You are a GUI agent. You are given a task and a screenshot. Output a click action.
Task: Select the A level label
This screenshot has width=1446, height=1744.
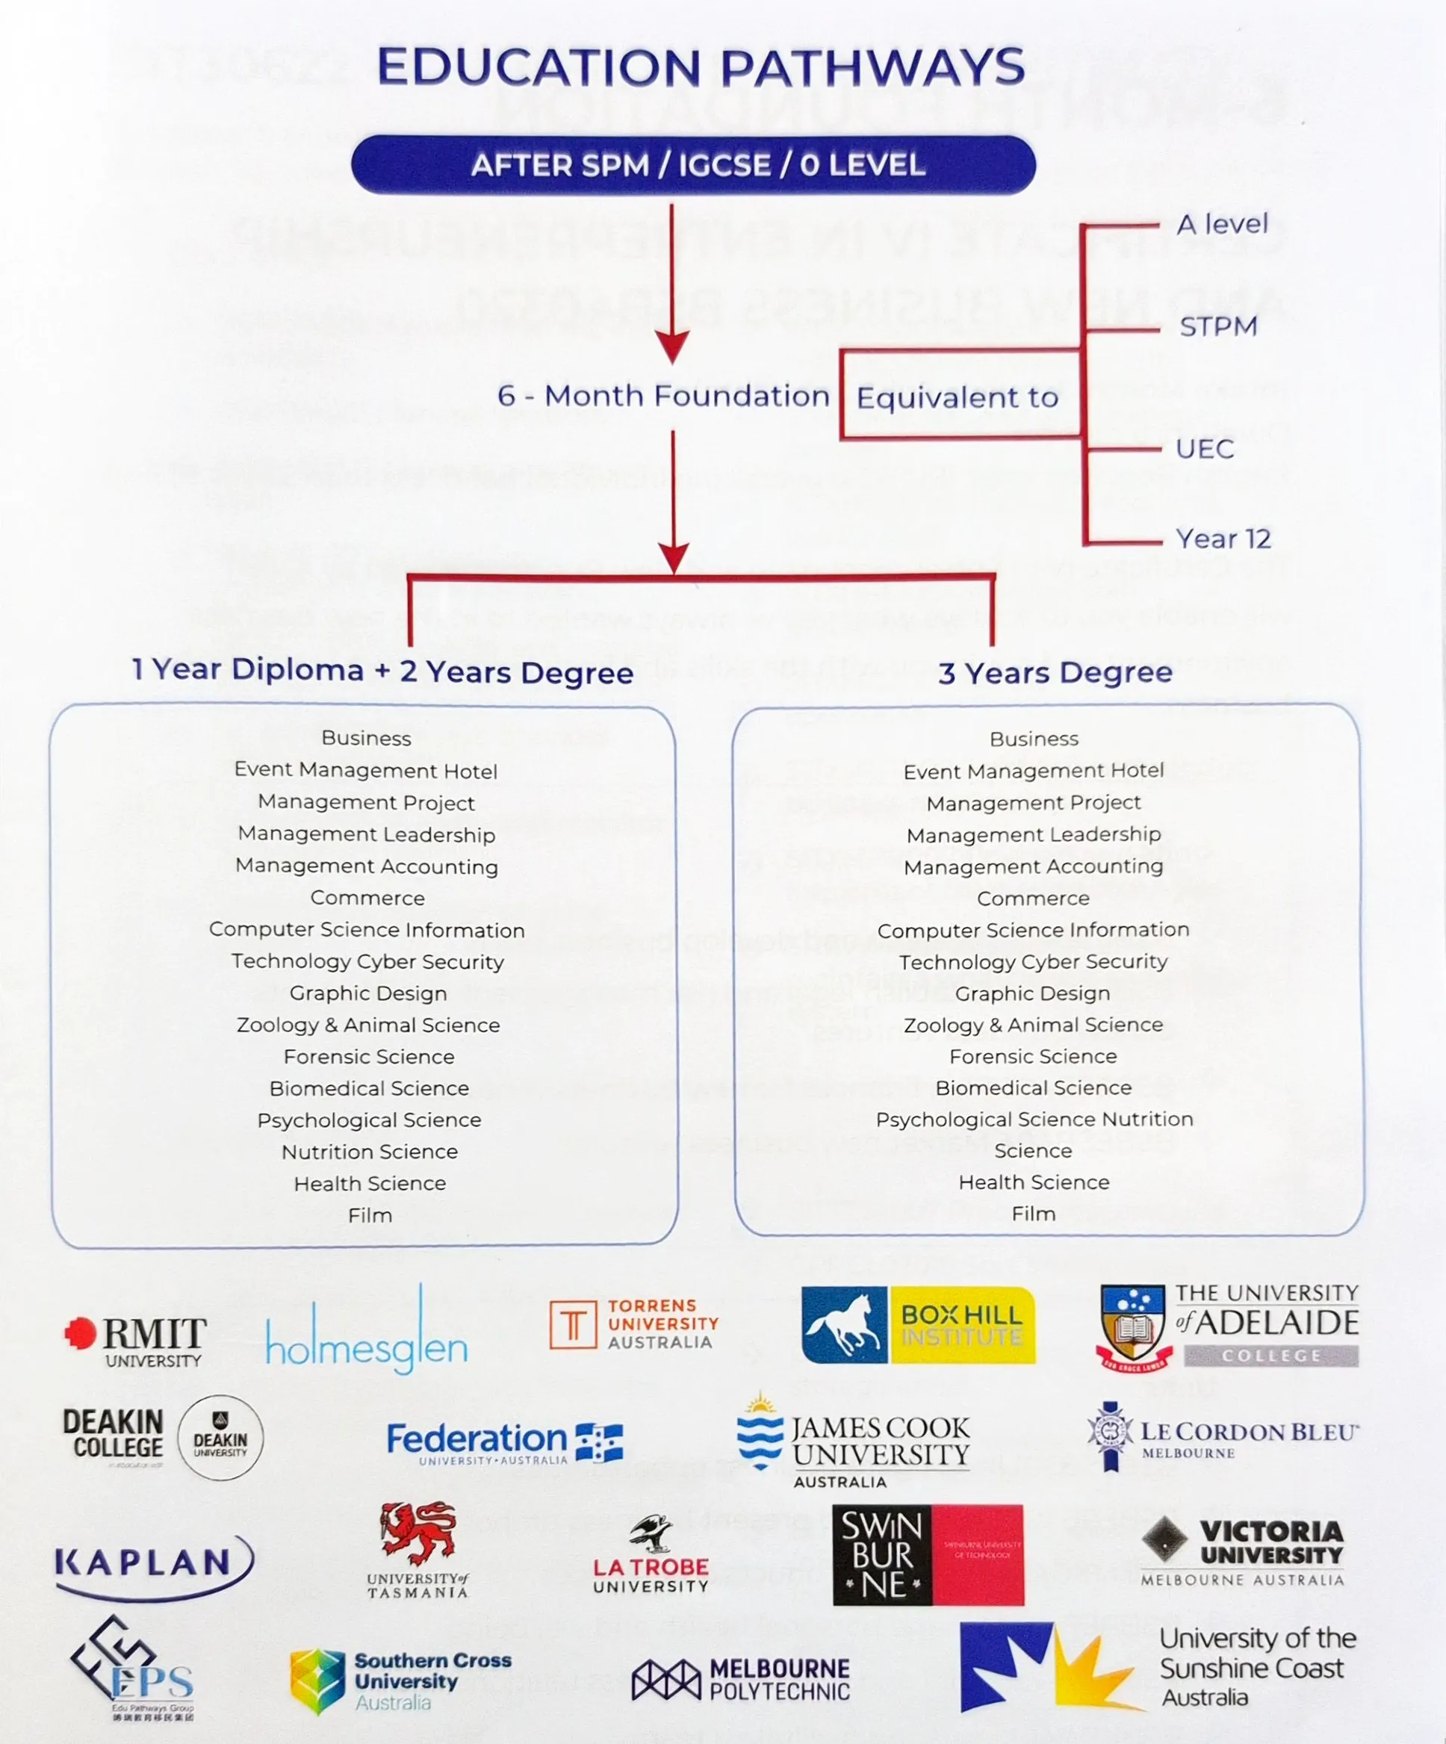(1222, 224)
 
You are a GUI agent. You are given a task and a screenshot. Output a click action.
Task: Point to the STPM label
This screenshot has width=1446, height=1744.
(1218, 326)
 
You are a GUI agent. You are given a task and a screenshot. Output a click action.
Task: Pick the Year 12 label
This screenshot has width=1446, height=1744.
(1223, 539)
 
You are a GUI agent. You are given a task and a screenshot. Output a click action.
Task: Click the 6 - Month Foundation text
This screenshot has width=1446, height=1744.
(663, 395)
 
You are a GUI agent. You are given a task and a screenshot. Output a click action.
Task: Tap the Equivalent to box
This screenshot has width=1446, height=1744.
(958, 397)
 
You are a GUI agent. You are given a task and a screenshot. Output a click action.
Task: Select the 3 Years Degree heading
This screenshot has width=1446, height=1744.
(1055, 672)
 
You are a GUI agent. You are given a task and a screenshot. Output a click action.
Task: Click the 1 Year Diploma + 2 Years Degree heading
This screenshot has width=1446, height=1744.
(383, 670)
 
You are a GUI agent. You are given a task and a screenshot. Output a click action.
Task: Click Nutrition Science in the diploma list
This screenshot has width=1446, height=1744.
(370, 1152)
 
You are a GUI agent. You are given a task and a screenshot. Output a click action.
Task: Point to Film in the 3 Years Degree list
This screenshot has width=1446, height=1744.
(1033, 1214)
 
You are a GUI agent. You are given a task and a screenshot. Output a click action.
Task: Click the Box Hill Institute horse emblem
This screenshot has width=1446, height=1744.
(843, 1326)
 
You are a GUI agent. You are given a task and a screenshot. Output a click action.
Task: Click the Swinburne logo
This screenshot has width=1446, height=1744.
(928, 1554)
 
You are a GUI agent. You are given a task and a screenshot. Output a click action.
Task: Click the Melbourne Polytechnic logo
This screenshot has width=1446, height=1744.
(740, 1679)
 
